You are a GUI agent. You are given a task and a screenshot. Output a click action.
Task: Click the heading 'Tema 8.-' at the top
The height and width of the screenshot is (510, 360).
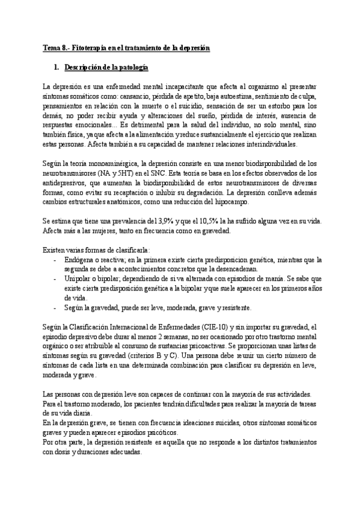[x=55, y=46]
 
